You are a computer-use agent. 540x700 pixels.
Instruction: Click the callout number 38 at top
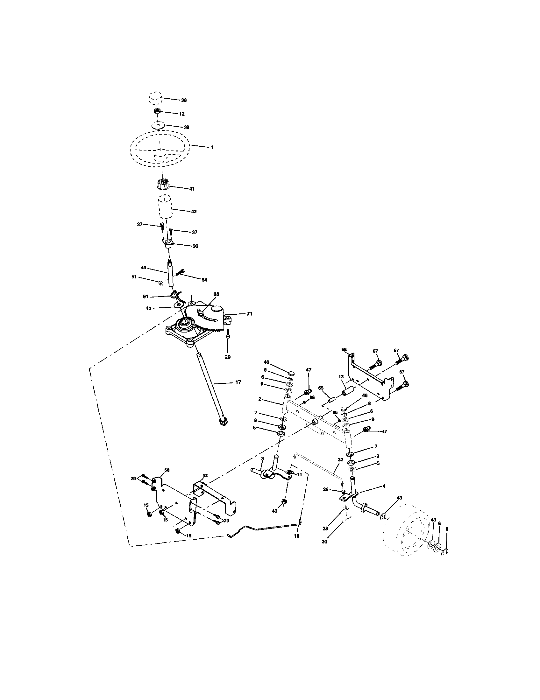click(x=184, y=100)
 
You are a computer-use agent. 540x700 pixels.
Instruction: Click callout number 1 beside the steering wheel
click(x=212, y=147)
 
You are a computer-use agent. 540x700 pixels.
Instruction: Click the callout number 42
click(x=194, y=212)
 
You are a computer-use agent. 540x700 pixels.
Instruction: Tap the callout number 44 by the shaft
click(x=143, y=267)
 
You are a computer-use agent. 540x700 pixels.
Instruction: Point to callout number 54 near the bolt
click(x=204, y=280)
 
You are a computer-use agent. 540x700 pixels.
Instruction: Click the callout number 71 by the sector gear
click(x=249, y=314)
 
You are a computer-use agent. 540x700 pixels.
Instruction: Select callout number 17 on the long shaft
click(x=238, y=382)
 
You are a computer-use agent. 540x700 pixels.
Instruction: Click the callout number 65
click(x=321, y=388)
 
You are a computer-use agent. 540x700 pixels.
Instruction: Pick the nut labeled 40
click(x=284, y=501)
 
